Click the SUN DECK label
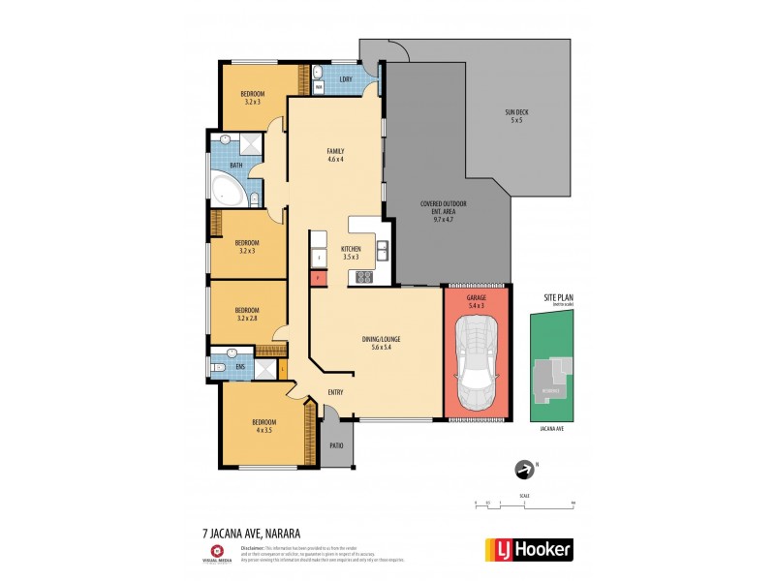tap(515, 116)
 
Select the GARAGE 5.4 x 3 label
tap(477, 302)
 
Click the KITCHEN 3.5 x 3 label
tap(350, 253)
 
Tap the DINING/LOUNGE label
tap(381, 343)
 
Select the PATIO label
tap(336, 445)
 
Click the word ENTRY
tap(335, 392)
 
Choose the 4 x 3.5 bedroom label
tap(263, 426)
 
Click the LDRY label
tap(345, 78)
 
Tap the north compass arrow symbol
tap(525, 470)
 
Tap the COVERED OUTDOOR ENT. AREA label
tap(444, 209)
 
